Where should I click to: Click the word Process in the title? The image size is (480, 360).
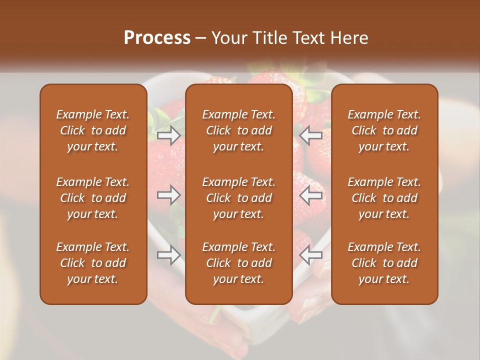tap(157, 38)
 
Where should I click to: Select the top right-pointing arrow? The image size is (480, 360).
tap(169, 135)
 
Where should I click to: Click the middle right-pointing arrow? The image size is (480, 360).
tap(169, 195)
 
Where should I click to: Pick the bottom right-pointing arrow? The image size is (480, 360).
tap(169, 255)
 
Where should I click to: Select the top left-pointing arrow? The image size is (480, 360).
tap(311, 135)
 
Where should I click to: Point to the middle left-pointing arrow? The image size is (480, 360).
tap(311, 195)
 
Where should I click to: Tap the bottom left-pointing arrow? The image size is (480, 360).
tap(311, 255)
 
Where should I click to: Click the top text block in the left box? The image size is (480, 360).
tap(93, 130)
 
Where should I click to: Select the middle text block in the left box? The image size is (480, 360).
tap(93, 198)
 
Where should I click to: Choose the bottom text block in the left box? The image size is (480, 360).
tap(93, 263)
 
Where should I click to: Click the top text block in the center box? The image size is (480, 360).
tap(239, 130)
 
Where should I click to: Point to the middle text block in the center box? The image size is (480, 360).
tap(239, 198)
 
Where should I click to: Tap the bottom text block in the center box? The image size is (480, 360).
tap(239, 263)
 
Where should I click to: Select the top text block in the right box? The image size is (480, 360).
tap(384, 130)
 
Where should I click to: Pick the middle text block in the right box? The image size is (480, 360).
tap(384, 198)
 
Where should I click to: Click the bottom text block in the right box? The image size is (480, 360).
tap(384, 263)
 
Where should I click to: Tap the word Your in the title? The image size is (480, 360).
tap(228, 38)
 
